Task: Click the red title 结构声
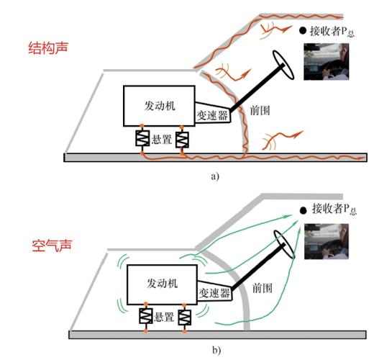pos(48,48)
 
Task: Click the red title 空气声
pos(52,246)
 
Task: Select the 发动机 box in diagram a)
pos(159,106)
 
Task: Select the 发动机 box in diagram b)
pos(162,284)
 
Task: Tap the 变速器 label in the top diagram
pos(212,116)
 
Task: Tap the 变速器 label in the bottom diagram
pos(214,293)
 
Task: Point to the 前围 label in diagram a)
pos(260,111)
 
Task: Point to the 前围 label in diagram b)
pos(263,288)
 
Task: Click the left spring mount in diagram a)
pos(142,138)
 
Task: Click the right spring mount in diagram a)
pos(182,140)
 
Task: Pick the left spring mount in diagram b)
pos(146,316)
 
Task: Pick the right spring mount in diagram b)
pos(185,318)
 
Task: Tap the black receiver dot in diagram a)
pos(303,30)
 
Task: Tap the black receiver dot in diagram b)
pos(304,210)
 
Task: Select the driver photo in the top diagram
pos(327,62)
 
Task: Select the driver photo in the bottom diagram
pos(327,241)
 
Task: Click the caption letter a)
pos(215,176)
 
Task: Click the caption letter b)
pos(216,351)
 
